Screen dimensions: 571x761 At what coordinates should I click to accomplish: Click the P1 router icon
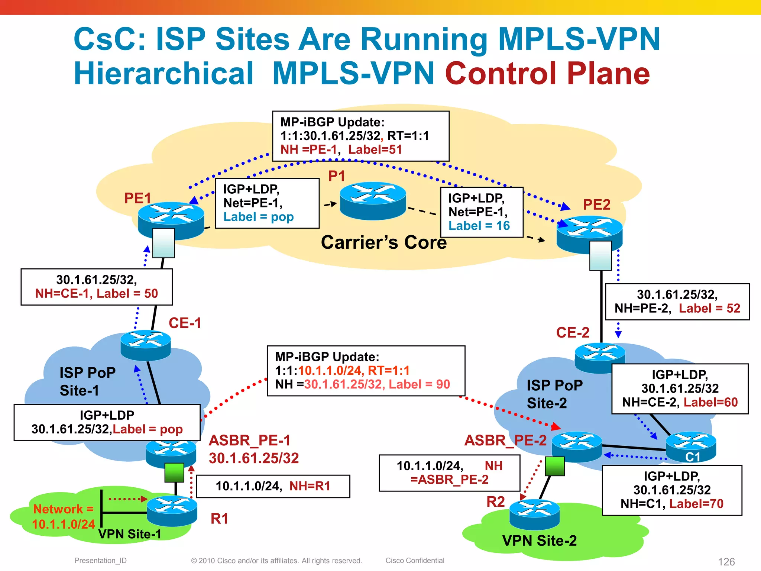(373, 201)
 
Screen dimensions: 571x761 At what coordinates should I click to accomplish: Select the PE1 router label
(137, 198)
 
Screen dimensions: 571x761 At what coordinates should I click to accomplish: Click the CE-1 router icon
(146, 345)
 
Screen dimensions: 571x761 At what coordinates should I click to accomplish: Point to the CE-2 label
(573, 332)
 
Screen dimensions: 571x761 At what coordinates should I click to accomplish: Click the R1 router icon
(172, 510)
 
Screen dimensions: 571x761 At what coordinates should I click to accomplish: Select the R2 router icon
(534, 514)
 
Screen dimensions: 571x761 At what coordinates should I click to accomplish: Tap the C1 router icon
(691, 446)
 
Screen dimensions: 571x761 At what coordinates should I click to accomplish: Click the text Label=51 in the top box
(375, 150)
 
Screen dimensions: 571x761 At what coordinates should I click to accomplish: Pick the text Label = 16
(479, 226)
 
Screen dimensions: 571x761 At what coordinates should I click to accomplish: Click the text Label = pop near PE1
(258, 217)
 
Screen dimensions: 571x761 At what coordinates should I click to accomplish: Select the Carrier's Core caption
(383, 242)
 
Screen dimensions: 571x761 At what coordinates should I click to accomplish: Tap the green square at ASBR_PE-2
(555, 466)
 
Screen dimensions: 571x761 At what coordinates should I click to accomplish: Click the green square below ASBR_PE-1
(174, 472)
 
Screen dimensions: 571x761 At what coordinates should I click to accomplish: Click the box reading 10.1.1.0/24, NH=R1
(273, 486)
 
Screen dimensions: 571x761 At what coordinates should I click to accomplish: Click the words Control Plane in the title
(547, 74)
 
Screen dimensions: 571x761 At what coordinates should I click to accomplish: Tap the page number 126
(726, 562)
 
